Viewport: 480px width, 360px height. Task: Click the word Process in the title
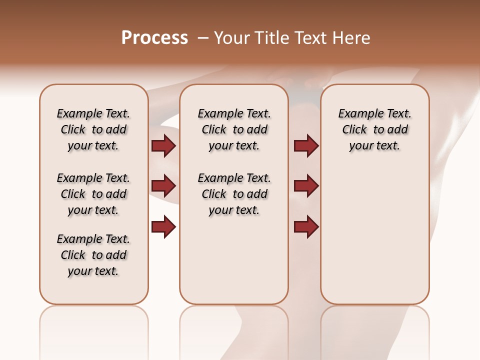coord(154,38)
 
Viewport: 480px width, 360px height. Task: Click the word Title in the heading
coord(273,38)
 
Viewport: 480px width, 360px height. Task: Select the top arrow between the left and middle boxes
coord(163,146)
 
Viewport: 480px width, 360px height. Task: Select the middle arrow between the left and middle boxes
coord(163,186)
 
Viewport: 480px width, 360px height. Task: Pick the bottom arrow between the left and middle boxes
coord(163,227)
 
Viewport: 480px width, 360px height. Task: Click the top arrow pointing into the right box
coord(306,146)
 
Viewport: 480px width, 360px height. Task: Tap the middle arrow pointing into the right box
coord(306,186)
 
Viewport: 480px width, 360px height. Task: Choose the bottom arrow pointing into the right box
coord(306,227)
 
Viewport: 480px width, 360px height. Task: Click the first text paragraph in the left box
coord(93,129)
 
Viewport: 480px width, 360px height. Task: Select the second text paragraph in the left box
coord(93,194)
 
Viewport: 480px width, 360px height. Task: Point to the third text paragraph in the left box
coord(93,255)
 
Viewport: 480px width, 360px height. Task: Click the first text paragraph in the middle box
coord(234,129)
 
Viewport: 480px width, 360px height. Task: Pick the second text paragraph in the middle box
coord(234,194)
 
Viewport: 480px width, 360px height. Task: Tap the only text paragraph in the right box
coord(374,129)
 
